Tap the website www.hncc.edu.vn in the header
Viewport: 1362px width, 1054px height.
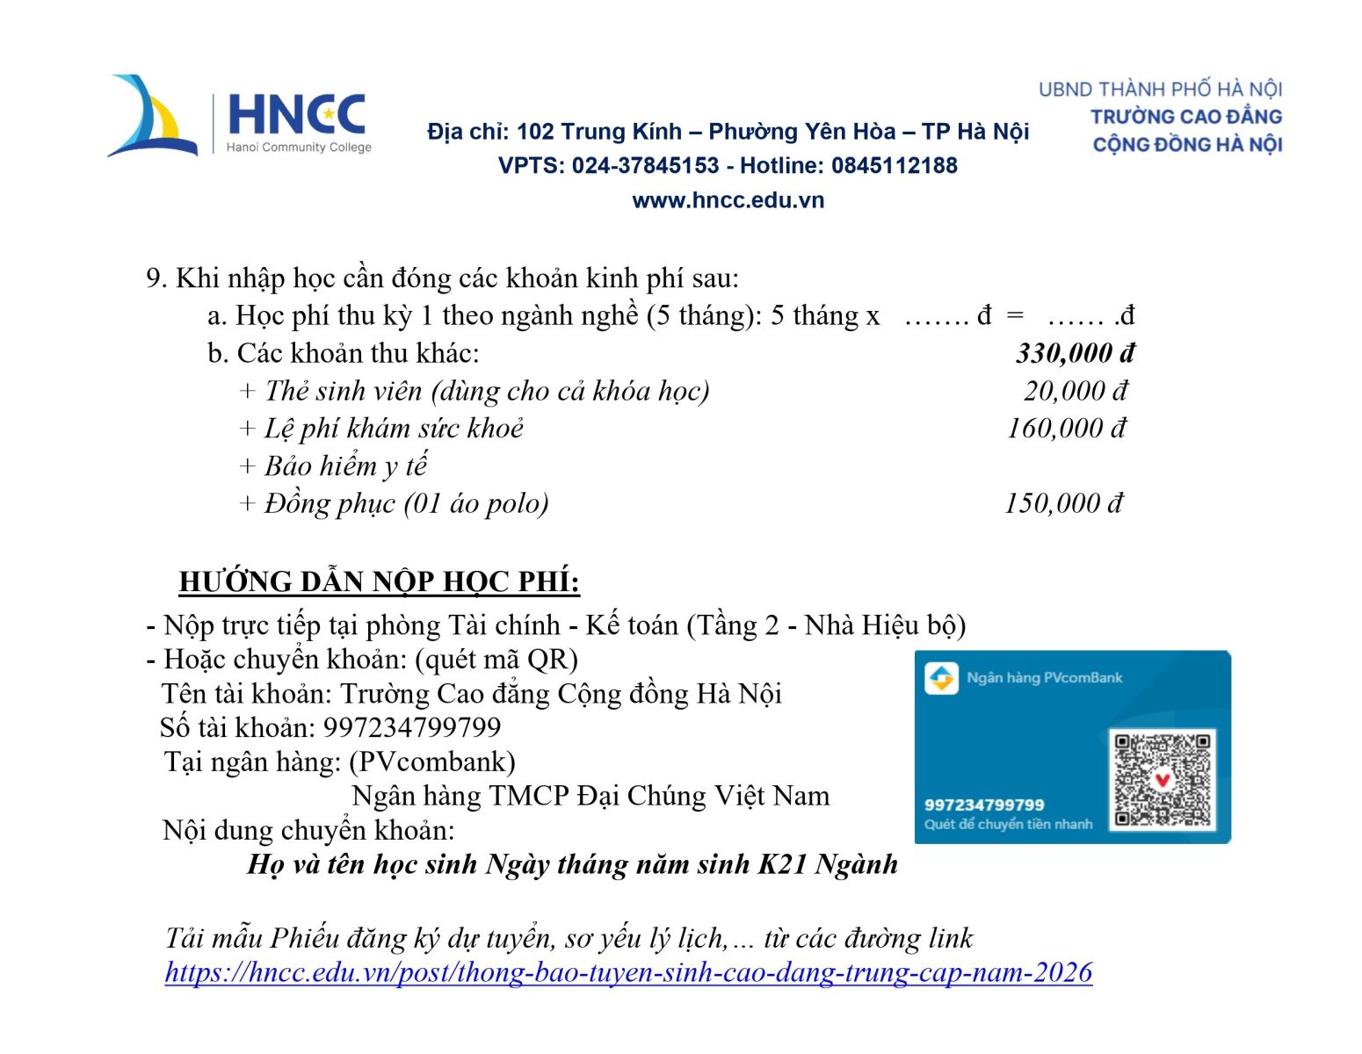click(x=728, y=200)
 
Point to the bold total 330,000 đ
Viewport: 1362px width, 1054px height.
click(x=1075, y=353)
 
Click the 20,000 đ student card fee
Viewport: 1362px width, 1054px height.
click(x=1075, y=391)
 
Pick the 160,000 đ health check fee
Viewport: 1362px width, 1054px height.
click(x=1066, y=429)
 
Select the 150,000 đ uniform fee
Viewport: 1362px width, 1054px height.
click(x=1063, y=503)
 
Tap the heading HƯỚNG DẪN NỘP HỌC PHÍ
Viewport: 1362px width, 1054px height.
click(x=379, y=581)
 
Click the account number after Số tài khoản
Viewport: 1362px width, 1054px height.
click(x=412, y=727)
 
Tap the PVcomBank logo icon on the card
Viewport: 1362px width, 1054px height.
click(x=941, y=678)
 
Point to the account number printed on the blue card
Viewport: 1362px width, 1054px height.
click(x=984, y=805)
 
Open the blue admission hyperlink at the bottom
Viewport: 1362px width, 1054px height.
click(x=628, y=972)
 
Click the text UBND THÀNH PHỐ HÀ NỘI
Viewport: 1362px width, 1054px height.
click(x=1160, y=90)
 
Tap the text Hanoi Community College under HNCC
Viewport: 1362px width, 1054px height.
click(x=299, y=148)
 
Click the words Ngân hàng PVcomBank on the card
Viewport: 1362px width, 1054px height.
click(x=1044, y=678)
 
